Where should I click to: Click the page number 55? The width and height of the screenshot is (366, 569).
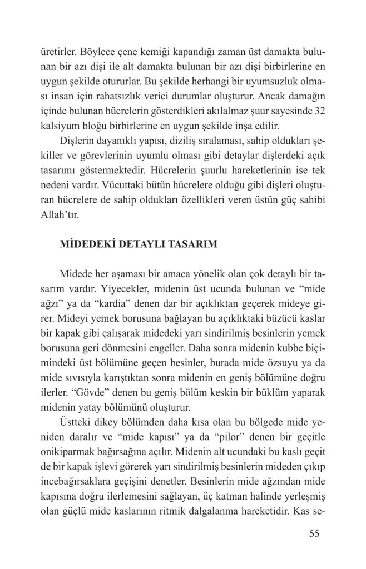point(315,535)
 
